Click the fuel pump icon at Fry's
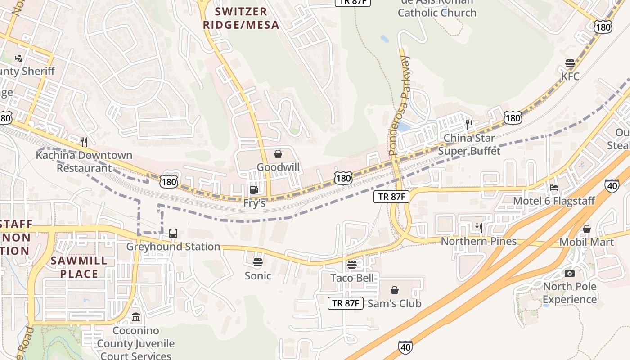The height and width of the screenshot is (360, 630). pyautogui.click(x=254, y=190)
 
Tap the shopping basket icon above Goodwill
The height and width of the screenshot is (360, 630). pyautogui.click(x=278, y=154)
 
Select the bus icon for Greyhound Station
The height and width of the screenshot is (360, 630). pyautogui.click(x=173, y=234)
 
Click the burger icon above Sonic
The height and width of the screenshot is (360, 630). pyautogui.click(x=258, y=262)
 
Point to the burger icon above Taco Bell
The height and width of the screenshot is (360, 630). pyautogui.click(x=352, y=264)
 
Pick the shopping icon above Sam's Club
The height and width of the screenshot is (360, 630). pyautogui.click(x=395, y=290)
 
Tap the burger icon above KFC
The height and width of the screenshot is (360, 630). pyautogui.click(x=570, y=63)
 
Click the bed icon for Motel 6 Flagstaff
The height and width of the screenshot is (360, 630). pyautogui.click(x=554, y=188)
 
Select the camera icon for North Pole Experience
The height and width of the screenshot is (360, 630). pyautogui.click(x=570, y=273)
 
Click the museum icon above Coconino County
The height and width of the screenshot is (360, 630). pyautogui.click(x=136, y=317)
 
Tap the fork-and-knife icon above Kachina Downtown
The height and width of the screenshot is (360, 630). pyautogui.click(x=84, y=142)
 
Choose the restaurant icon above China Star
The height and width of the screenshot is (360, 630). pyautogui.click(x=469, y=124)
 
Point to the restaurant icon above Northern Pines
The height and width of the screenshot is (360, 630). pyautogui.click(x=478, y=228)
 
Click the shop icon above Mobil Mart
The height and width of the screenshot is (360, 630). pyautogui.click(x=586, y=229)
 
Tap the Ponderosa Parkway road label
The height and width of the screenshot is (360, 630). pyautogui.click(x=399, y=106)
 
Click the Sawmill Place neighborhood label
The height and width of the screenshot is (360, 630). pyautogui.click(x=79, y=267)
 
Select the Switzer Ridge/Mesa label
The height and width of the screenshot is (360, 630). pyautogui.click(x=241, y=18)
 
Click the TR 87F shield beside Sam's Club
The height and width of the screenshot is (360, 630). pyautogui.click(x=345, y=303)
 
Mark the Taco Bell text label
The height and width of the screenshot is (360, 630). pyautogui.click(x=352, y=278)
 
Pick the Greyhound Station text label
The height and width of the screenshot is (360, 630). pyautogui.click(x=173, y=247)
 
